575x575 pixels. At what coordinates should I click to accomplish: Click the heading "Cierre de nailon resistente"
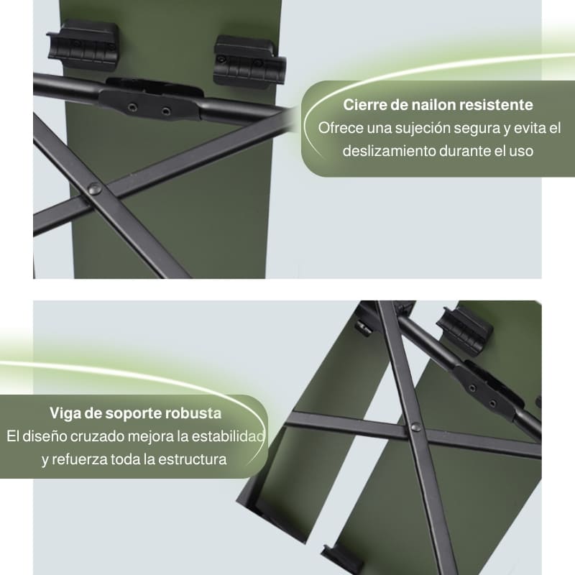click(438, 105)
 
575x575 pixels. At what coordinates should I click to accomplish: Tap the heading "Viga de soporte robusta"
click(135, 413)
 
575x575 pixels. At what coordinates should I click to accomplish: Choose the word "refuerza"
click(79, 459)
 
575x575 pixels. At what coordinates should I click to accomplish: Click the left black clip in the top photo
click(83, 44)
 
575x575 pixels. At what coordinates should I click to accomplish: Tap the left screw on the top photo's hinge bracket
click(132, 107)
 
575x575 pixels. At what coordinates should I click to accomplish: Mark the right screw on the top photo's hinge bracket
click(166, 111)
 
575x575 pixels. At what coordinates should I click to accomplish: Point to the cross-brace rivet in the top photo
click(95, 189)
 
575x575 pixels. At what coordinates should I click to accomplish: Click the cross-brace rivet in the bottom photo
click(416, 426)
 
